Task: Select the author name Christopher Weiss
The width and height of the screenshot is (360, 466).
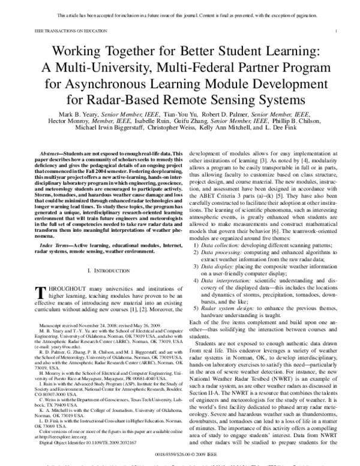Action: click(x=188, y=129)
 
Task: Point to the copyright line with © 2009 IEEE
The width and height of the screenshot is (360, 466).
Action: click(x=180, y=446)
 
